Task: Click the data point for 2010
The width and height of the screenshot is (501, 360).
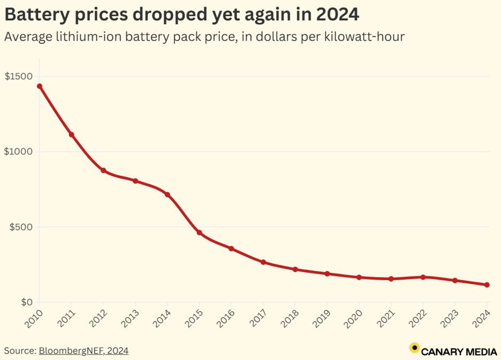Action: pos(40,86)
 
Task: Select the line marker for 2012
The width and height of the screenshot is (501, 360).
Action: pos(103,170)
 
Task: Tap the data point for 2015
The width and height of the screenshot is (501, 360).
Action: pos(199,232)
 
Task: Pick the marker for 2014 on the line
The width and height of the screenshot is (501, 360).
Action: pos(168,194)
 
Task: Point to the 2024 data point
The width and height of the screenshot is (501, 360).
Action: pos(487,285)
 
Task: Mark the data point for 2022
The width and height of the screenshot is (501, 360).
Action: pos(423,277)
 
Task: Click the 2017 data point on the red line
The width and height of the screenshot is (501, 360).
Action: pos(263,262)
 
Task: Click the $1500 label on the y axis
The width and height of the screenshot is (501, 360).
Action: pos(19,77)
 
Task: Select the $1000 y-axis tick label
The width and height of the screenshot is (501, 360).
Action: pos(19,152)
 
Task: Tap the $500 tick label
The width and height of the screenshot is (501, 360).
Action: pos(21,227)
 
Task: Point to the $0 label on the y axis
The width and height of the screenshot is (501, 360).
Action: pos(27,302)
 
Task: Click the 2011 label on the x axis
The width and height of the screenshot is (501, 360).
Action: pos(66,318)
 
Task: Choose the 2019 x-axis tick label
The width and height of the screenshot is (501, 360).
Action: pos(321,318)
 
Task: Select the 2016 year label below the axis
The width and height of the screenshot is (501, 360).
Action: pos(225,318)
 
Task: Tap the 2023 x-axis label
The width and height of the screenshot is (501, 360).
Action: pos(449,318)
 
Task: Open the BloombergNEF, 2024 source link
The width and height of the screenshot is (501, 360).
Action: pos(83,351)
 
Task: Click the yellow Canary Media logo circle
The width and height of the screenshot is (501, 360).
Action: pos(414,348)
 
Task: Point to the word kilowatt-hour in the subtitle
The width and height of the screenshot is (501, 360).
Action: pos(365,36)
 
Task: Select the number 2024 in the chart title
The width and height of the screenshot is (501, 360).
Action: pos(337,14)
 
